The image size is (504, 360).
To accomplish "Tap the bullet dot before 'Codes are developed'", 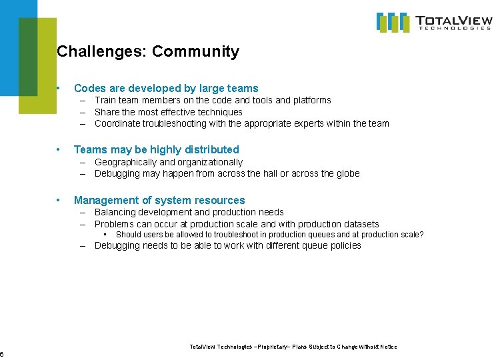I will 59,88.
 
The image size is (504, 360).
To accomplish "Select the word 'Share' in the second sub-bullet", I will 107,112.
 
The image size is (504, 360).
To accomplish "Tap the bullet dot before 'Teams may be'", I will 59,149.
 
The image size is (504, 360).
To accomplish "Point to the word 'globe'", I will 346,173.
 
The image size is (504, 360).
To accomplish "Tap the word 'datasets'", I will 360,224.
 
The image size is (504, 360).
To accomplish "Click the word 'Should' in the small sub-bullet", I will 128,235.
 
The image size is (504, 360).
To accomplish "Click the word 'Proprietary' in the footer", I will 274,347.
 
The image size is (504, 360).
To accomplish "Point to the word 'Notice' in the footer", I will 386,347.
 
